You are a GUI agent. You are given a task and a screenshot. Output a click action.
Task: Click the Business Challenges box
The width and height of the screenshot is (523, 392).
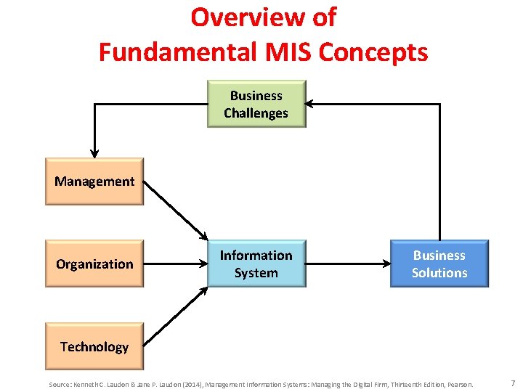256,104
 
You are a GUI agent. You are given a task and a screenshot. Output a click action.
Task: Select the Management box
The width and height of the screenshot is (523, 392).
94,181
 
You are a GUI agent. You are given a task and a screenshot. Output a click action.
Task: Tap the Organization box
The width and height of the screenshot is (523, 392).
94,264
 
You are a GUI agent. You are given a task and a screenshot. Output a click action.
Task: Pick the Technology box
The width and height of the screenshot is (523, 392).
94,346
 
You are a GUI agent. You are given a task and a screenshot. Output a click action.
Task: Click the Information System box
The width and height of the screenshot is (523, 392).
256,264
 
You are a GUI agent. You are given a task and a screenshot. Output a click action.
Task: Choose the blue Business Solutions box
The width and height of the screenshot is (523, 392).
439,264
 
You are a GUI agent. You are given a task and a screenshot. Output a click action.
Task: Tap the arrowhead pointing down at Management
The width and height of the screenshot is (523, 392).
94,152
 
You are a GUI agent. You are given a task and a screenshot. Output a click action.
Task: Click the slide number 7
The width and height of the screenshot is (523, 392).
512,383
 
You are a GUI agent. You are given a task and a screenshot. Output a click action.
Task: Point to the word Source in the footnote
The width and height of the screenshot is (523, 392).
60,384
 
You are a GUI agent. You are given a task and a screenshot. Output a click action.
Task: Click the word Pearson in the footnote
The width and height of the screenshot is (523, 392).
460,384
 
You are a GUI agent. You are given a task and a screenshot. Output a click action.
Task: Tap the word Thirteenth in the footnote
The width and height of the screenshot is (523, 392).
388,384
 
